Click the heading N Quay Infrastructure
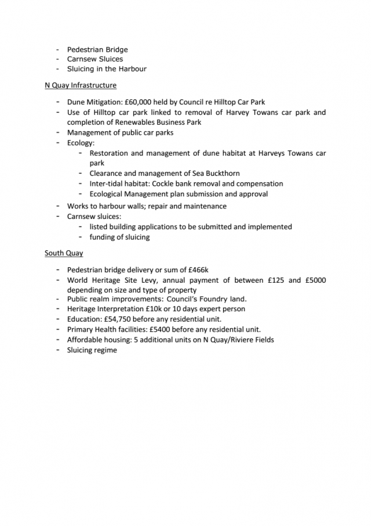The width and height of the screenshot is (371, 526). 81,85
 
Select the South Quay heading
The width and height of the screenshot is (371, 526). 64,253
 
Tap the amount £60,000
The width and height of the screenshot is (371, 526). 141,102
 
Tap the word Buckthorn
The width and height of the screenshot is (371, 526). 220,174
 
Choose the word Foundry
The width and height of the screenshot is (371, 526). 216,300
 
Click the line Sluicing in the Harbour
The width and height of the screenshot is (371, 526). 106,69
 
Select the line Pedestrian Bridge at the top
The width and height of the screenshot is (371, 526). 97,49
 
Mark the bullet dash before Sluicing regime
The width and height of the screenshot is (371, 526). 59,350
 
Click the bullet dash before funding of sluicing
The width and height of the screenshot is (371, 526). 81,237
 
